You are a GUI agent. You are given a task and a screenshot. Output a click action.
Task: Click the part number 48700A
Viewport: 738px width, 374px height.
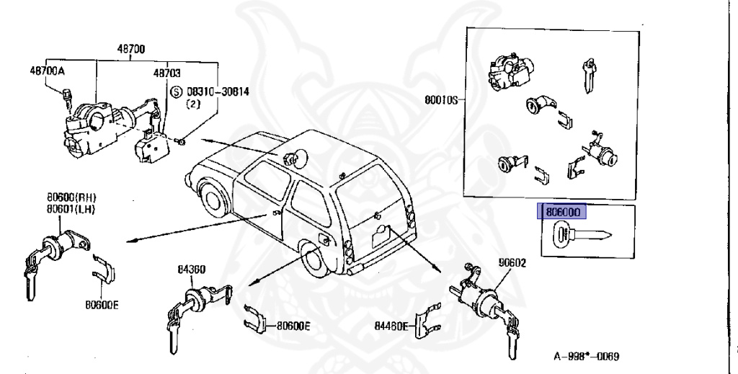point(47,71)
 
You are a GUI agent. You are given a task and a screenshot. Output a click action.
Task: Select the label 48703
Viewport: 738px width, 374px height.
point(166,74)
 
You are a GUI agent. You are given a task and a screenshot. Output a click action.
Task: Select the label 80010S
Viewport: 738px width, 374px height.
point(441,100)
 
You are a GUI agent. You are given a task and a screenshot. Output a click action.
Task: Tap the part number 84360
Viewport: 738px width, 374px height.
point(192,270)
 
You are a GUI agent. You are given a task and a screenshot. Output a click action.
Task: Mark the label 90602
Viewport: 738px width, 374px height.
point(511,262)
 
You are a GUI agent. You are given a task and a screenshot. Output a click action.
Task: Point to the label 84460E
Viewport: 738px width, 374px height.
point(392,326)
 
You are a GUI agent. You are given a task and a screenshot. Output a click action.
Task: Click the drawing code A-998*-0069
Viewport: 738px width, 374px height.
point(586,357)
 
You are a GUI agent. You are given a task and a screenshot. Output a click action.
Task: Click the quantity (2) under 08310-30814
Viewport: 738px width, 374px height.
point(193,104)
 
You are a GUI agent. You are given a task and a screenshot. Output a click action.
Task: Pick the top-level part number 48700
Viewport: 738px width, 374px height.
point(131,49)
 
